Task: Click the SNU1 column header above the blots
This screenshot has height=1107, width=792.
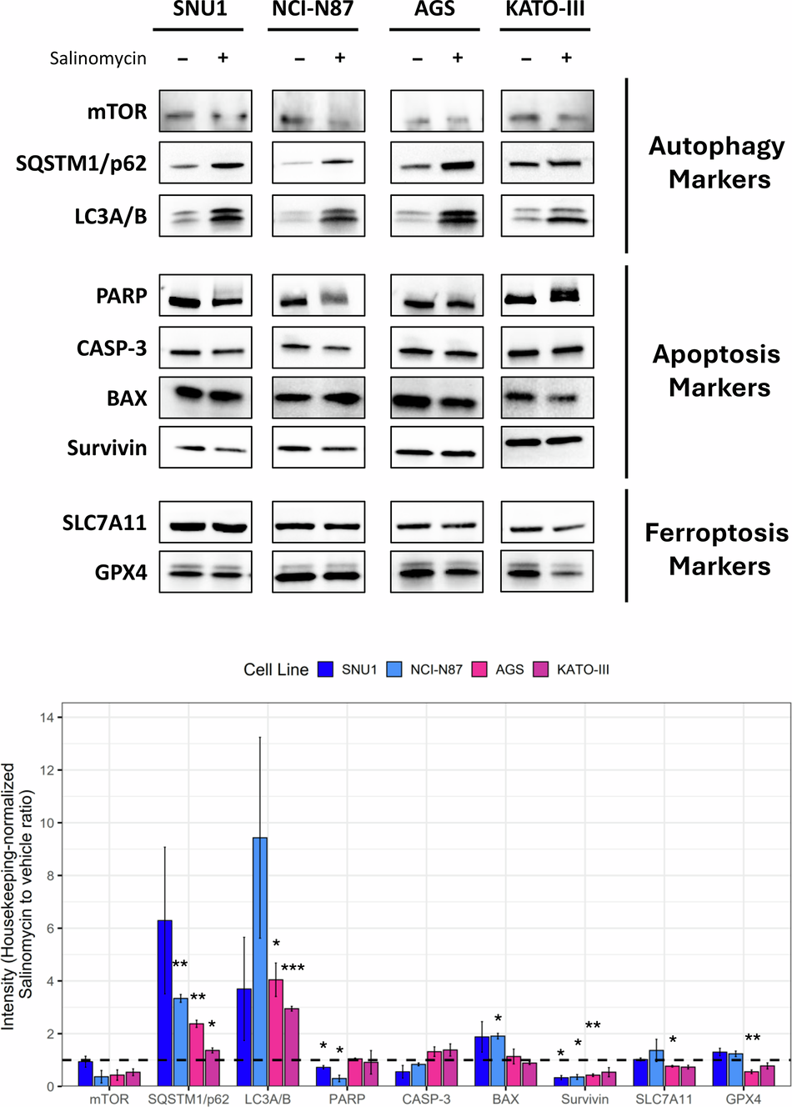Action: click(x=200, y=10)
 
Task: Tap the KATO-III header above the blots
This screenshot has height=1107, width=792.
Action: click(x=545, y=10)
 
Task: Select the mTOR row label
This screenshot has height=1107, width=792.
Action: click(x=118, y=112)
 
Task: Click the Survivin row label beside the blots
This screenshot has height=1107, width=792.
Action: click(x=107, y=448)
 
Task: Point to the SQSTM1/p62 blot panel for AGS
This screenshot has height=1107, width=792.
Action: click(x=436, y=163)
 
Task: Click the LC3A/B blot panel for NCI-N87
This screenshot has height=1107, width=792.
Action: click(x=318, y=216)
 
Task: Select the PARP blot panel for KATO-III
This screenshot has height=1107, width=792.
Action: click(x=547, y=296)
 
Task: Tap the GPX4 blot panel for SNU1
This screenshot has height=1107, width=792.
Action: click(x=205, y=572)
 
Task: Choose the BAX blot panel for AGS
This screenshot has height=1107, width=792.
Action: click(x=436, y=398)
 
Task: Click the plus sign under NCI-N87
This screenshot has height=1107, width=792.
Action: click(x=339, y=58)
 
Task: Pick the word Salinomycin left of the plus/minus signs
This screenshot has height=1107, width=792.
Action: click(x=98, y=58)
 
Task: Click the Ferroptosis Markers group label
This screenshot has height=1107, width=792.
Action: click(x=717, y=549)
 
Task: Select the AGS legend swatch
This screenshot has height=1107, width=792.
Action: click(x=479, y=669)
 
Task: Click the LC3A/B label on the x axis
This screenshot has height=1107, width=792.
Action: click(x=268, y=1099)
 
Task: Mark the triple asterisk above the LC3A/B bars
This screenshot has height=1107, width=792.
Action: click(x=293, y=969)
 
